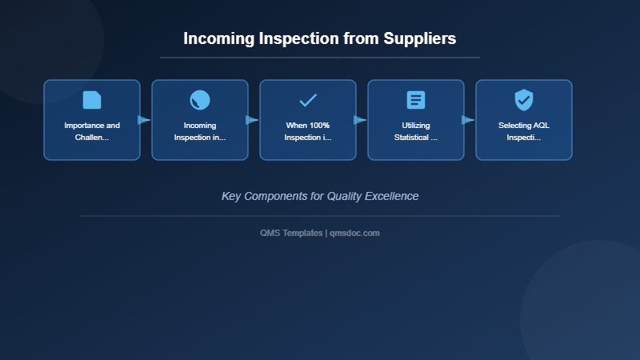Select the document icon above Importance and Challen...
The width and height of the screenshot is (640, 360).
pyautogui.click(x=92, y=100)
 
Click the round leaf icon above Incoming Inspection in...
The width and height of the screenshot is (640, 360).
pyautogui.click(x=200, y=100)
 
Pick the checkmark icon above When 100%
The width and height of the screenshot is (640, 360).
pyautogui.click(x=308, y=100)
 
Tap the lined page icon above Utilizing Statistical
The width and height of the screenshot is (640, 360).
pyautogui.click(x=416, y=100)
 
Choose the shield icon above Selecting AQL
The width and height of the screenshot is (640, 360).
pyautogui.click(x=524, y=100)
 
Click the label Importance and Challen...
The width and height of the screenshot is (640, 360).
pyautogui.click(x=92, y=131)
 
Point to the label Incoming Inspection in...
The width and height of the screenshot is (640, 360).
pyautogui.click(x=200, y=131)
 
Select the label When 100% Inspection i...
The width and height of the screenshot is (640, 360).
pyautogui.click(x=308, y=131)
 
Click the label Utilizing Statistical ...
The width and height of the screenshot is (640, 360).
pyautogui.click(x=416, y=131)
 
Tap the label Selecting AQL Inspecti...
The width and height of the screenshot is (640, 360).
pyautogui.click(x=524, y=131)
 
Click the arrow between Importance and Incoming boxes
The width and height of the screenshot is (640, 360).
pyautogui.click(x=144, y=120)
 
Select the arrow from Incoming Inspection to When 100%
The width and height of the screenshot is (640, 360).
pyautogui.click(x=252, y=120)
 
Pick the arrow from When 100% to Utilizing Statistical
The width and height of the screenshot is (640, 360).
pyautogui.click(x=360, y=120)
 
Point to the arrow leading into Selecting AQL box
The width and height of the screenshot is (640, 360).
pyautogui.click(x=468, y=120)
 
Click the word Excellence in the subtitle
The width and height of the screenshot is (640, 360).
pyautogui.click(x=391, y=196)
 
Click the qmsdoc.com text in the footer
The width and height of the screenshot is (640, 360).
pyautogui.click(x=355, y=233)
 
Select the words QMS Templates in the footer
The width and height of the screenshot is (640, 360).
pyautogui.click(x=291, y=233)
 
